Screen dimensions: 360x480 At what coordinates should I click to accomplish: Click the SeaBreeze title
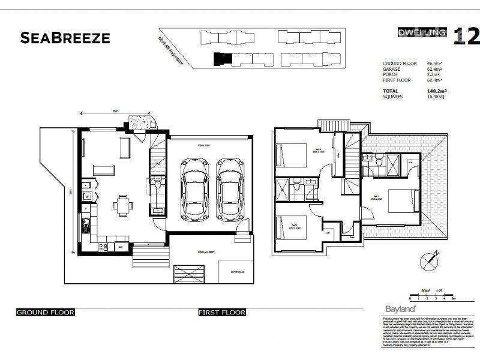(65, 38)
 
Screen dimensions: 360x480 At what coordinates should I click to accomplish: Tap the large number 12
(467, 36)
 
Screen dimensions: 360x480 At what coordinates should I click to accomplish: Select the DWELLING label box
(422, 32)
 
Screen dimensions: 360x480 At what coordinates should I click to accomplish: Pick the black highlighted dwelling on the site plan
(221, 59)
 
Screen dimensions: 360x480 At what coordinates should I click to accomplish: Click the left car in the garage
(194, 188)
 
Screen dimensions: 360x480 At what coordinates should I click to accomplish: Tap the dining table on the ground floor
(124, 206)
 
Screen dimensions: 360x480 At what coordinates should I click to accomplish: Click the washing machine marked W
(86, 196)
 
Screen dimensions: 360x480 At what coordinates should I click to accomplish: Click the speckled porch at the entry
(142, 121)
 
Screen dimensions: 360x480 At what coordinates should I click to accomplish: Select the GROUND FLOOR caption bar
(45, 313)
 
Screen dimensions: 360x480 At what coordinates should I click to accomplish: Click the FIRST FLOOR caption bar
(222, 313)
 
